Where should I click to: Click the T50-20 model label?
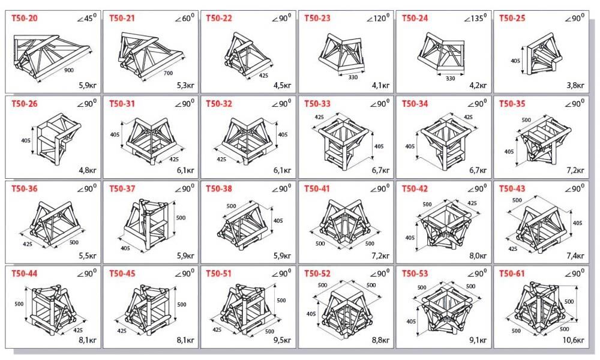[25, 18]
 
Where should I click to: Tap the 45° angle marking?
[87, 17]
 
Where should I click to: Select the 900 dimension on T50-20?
[69, 70]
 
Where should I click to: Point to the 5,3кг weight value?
[185, 85]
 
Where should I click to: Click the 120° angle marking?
[377, 17]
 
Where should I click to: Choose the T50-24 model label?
[415, 18]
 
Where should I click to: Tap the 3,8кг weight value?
[575, 85]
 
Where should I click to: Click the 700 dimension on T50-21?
[168, 73]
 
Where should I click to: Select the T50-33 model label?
[317, 103]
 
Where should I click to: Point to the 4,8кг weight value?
[88, 170]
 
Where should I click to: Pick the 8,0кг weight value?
[478, 255]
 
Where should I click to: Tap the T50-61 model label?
[512, 274]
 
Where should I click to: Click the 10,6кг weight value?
[574, 340]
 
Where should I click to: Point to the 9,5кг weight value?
[282, 340]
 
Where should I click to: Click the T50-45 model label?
[122, 274]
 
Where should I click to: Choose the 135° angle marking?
[475, 17]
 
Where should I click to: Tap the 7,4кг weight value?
[575, 255]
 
